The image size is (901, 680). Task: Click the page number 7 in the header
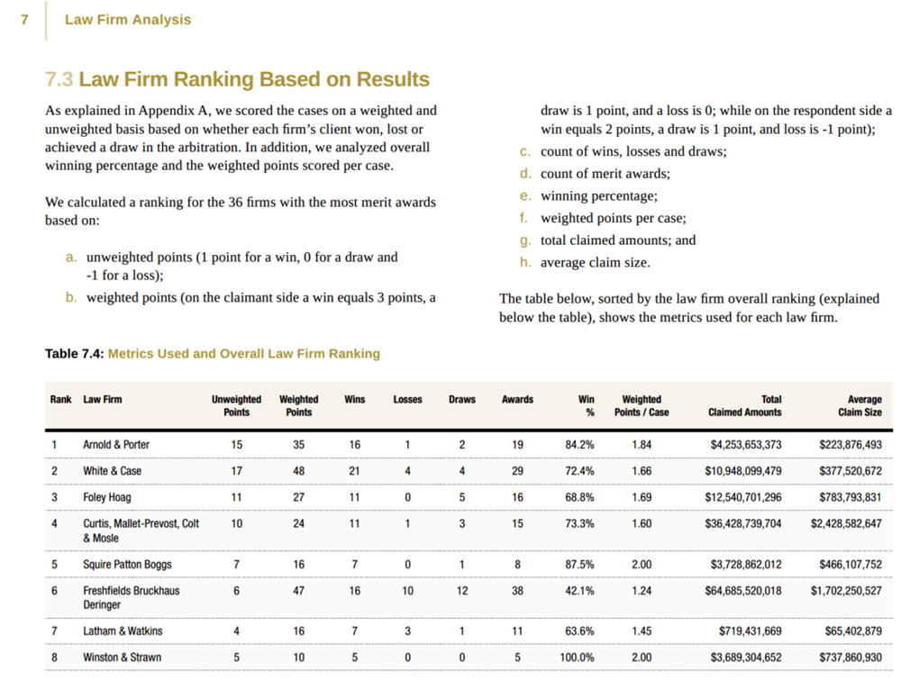24,20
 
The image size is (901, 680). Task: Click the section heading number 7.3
59,79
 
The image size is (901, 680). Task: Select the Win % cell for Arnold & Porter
578,444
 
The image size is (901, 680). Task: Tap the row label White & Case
112,471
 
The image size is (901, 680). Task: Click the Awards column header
517,400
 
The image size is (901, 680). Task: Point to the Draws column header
462,400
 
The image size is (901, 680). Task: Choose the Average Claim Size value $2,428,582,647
846,523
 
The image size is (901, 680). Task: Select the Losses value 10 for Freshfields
408,591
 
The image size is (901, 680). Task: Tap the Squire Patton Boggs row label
127,565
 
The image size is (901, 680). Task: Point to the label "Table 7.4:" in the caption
74,354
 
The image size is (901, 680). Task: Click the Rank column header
60,400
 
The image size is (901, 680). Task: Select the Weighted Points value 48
298,471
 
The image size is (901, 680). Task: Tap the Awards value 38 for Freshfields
517,591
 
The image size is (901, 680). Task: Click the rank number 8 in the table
54,657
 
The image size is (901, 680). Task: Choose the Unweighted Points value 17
236,471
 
